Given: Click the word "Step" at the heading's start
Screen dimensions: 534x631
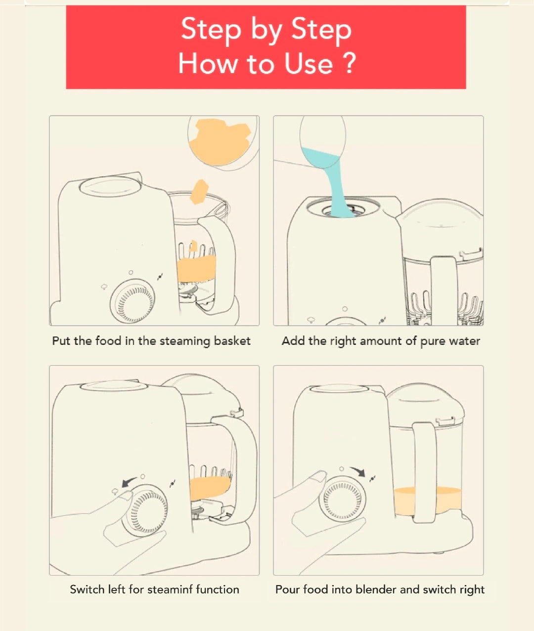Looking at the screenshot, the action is tap(211, 30).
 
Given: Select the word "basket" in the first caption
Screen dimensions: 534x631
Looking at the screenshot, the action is tap(232, 340).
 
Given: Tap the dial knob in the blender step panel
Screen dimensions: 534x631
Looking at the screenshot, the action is tap(342, 499).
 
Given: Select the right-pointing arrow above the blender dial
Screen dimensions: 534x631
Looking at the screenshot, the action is tap(358, 471).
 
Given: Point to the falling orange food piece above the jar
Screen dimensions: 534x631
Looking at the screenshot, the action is tap(199, 191).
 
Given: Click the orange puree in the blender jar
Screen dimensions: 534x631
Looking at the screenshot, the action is tap(428, 502).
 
